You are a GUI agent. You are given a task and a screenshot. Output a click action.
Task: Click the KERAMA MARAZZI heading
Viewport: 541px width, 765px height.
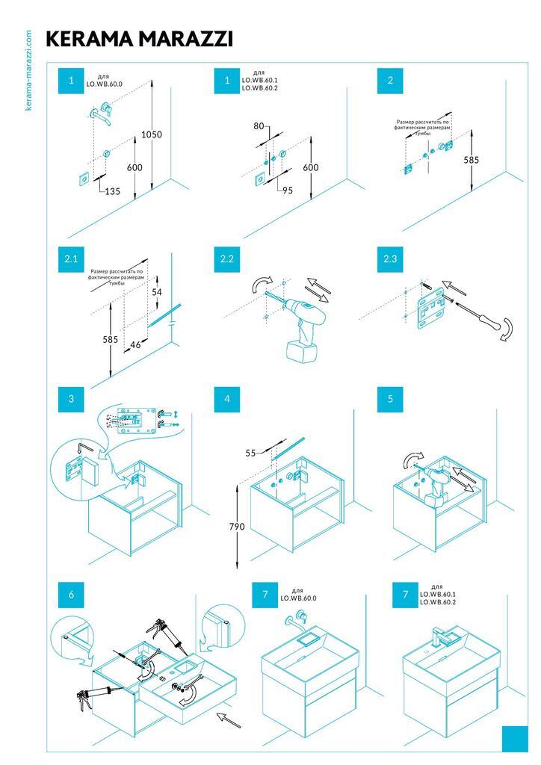139,39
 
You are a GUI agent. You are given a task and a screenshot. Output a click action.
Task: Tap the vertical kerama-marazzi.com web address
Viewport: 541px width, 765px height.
28,70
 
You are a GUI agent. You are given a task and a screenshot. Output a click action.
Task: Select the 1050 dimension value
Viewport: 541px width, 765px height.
152,134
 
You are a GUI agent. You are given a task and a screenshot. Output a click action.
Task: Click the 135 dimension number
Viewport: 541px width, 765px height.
111,191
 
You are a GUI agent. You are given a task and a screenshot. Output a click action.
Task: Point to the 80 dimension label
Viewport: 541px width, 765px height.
259,126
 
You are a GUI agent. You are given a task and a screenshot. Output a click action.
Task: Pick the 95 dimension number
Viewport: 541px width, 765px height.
288,190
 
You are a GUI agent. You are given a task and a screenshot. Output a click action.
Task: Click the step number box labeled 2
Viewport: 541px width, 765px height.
390,81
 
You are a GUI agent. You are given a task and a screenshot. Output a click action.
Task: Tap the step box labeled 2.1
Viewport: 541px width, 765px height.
71,259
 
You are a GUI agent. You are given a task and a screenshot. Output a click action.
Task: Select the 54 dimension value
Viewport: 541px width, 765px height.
156,291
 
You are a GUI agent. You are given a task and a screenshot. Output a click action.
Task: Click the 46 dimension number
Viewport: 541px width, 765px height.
135,345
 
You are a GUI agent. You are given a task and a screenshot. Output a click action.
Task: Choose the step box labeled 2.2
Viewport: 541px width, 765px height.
227,259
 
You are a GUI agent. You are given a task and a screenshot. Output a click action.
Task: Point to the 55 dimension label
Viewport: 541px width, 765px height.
251,453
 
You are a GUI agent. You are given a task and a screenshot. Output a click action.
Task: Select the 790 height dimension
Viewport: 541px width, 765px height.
237,527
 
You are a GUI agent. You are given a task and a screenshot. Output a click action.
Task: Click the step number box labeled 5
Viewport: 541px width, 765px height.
390,399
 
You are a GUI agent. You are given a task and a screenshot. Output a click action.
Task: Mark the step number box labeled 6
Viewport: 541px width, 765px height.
71,595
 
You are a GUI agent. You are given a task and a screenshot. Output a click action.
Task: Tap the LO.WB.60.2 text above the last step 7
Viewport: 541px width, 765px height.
438,601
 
